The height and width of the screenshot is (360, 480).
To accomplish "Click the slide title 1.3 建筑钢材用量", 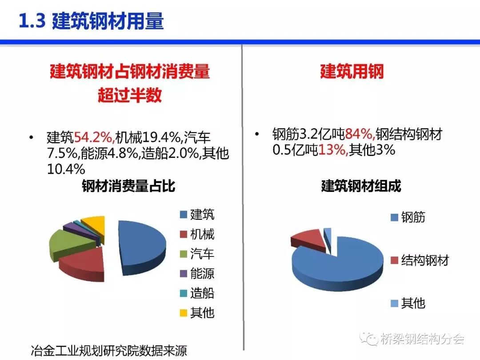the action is tap(91, 21).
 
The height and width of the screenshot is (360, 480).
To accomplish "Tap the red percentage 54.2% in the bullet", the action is tap(94, 137).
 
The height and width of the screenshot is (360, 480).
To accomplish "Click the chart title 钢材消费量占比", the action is tap(128, 186).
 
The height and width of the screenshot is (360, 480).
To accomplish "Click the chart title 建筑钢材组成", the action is tap(361, 186).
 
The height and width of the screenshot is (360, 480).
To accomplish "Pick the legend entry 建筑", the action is tap(197, 215).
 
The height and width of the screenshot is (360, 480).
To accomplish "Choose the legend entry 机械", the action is tap(197, 234).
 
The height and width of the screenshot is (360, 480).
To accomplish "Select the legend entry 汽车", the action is tap(197, 254).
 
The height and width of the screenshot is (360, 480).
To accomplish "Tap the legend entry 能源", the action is tap(197, 273).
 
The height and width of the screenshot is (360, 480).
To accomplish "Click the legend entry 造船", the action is tap(197, 293).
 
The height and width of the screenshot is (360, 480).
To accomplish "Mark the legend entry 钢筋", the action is tap(408, 217).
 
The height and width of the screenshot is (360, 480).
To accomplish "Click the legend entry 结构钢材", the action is tap(420, 260).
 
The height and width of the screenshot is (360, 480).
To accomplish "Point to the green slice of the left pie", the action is tap(69, 244).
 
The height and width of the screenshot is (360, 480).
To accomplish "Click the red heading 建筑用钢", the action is tap(352, 71).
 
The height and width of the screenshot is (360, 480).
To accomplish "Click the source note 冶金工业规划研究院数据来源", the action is tap(109, 351).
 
